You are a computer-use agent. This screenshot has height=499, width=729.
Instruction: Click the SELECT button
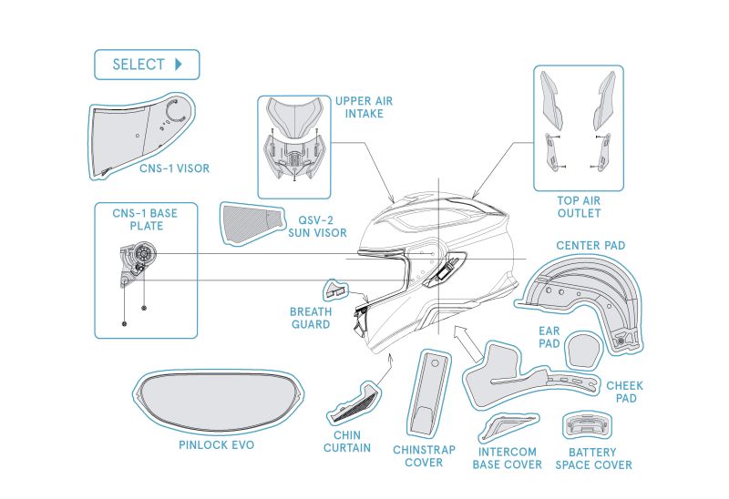146,65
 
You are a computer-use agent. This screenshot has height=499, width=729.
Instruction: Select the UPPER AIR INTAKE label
358,107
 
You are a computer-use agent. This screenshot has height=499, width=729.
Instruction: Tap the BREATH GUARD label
310,318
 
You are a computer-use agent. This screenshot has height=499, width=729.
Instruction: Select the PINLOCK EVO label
217,446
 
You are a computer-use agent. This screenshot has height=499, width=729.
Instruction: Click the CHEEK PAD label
624,392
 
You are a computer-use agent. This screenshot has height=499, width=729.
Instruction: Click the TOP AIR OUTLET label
579,207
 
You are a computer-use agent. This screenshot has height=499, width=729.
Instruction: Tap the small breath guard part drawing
334,290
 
